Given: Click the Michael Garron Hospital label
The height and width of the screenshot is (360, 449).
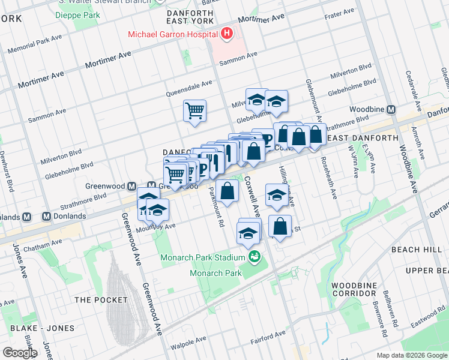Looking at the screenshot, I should (x=172, y=34).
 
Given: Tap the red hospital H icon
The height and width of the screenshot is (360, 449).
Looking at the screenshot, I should (x=226, y=34).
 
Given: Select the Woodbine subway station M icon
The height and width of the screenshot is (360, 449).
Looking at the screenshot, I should (x=391, y=110).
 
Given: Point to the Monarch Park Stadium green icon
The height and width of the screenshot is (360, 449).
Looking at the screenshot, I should (x=256, y=257).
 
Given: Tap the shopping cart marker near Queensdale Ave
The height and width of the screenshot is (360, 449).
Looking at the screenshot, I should (x=194, y=110).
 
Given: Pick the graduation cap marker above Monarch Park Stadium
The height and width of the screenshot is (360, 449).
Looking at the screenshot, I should (x=249, y=233).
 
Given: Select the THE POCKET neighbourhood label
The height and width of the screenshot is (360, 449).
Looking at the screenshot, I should (x=101, y=299).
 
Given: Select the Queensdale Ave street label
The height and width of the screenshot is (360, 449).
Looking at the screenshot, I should (x=190, y=89).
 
